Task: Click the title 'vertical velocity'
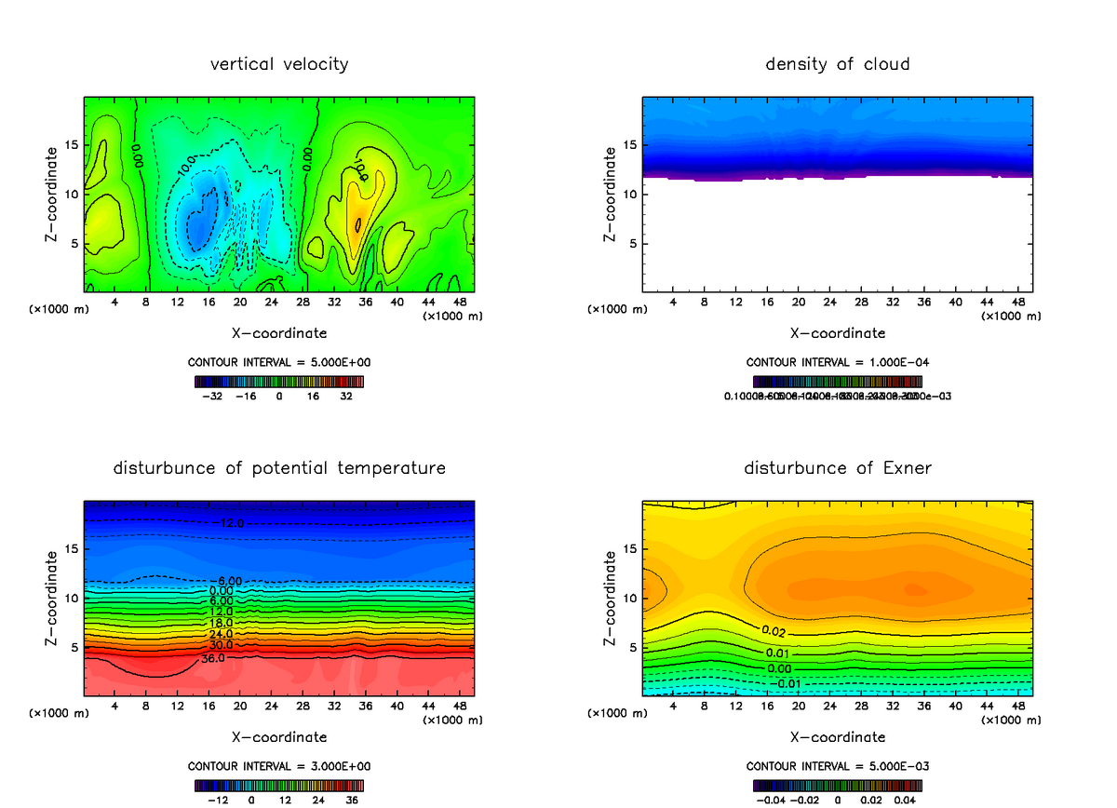(279, 64)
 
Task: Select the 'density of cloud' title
(837, 64)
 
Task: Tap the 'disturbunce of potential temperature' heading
(279, 467)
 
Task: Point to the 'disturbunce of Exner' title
(837, 467)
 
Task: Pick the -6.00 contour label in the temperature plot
(225, 581)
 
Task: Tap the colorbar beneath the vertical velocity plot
(279, 381)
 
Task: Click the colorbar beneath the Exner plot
(837, 785)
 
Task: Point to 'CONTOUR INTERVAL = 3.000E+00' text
(279, 766)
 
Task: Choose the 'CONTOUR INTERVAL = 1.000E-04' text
(837, 362)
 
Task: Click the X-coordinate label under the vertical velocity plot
(279, 332)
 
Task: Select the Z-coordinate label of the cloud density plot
(611, 195)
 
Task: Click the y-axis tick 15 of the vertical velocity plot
(72, 145)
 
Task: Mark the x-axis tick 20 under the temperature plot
(239, 707)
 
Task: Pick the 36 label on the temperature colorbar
(352, 800)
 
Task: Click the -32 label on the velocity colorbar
(214, 396)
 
